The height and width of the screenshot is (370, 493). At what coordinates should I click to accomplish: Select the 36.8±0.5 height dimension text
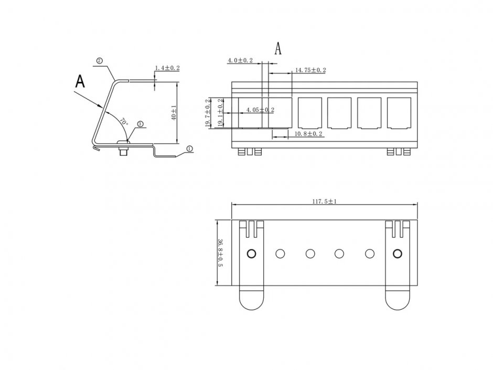point(221,253)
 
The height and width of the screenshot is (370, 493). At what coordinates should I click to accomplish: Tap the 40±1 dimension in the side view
point(174,112)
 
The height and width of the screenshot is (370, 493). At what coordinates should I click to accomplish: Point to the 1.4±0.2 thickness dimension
point(167,68)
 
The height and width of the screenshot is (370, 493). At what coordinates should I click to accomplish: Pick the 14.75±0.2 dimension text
point(310,70)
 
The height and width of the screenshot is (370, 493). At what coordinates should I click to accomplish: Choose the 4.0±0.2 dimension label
point(240,61)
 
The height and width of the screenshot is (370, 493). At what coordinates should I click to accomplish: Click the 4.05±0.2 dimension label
point(260,110)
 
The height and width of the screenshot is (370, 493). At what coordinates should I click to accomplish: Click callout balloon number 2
point(99,61)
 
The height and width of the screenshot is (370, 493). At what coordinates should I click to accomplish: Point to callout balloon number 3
point(141,124)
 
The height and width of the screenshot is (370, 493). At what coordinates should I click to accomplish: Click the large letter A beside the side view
point(80,81)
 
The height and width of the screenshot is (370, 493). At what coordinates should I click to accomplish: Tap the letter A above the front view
point(278,48)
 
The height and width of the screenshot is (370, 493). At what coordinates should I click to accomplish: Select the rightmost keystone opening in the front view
point(398,112)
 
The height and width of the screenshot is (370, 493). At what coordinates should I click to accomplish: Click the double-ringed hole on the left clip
point(251,254)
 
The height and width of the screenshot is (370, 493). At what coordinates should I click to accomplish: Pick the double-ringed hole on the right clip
point(397,254)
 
